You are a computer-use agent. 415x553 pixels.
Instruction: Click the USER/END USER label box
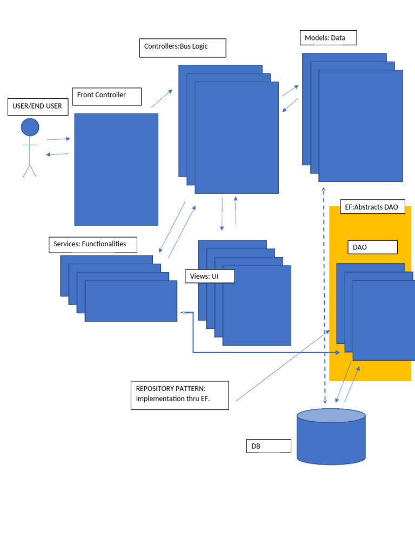click(x=37, y=106)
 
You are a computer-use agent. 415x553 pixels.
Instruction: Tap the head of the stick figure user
click(x=30, y=127)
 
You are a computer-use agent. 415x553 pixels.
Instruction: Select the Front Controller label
click(x=106, y=96)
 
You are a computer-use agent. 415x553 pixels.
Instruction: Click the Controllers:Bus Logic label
click(x=182, y=48)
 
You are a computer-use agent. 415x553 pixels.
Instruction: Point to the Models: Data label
click(x=328, y=38)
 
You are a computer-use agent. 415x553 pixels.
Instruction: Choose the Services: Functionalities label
click(x=92, y=244)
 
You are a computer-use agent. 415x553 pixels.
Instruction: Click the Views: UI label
click(x=210, y=276)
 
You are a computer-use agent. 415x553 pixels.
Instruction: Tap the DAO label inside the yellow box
click(x=372, y=247)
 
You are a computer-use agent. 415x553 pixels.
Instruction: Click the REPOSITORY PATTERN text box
click(x=179, y=395)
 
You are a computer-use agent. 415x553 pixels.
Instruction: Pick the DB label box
click(x=268, y=446)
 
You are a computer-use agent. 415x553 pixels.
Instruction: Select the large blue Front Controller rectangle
click(x=116, y=169)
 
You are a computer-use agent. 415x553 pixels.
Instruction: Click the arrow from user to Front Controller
click(x=58, y=139)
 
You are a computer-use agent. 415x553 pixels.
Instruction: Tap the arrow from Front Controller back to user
click(x=57, y=154)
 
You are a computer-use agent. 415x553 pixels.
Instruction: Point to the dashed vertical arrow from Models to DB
click(x=324, y=297)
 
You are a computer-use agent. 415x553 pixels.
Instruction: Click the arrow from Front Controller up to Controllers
click(x=162, y=99)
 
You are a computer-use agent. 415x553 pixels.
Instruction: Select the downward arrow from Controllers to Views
click(x=222, y=214)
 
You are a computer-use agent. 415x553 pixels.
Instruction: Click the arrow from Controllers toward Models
click(x=290, y=91)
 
